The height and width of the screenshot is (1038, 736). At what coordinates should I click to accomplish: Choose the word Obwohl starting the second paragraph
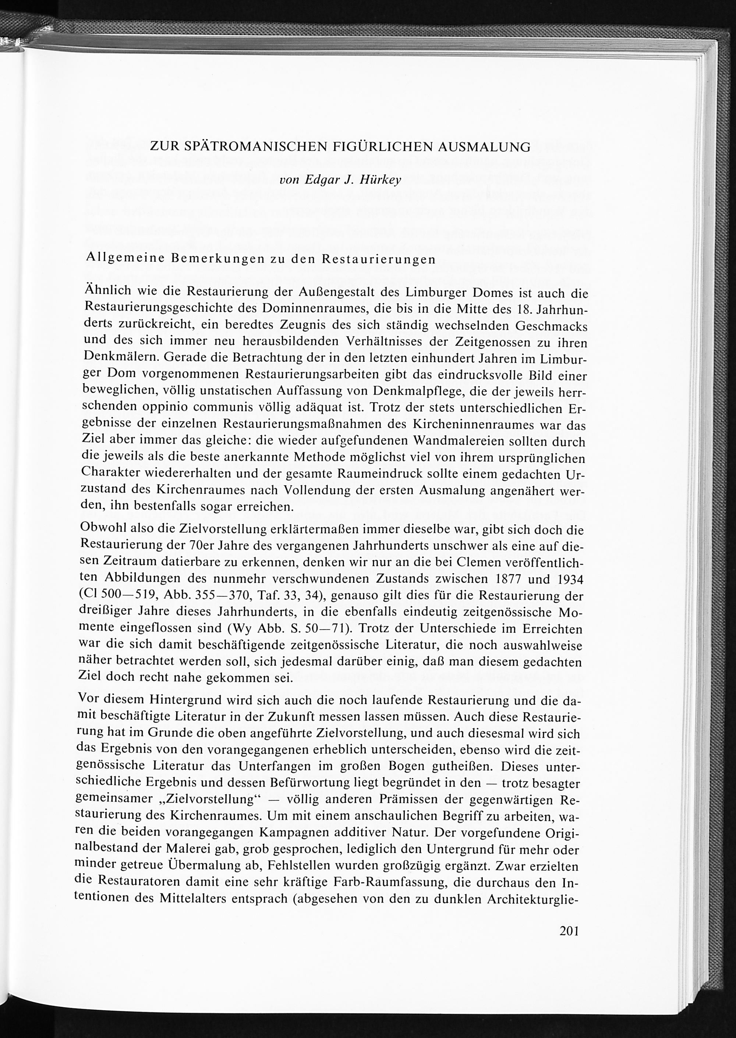(102, 528)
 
